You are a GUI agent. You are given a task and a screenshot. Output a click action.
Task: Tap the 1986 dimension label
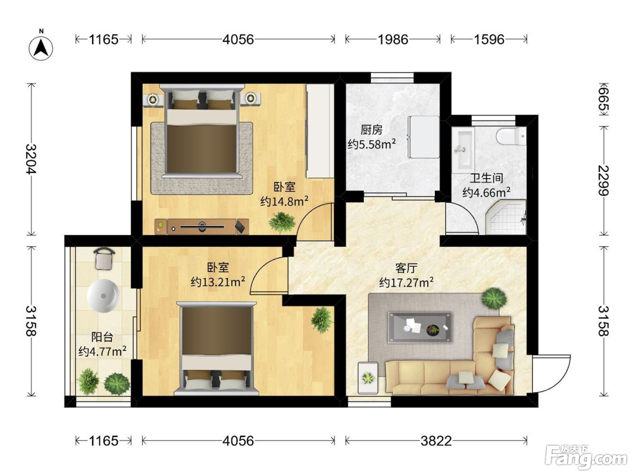(393, 39)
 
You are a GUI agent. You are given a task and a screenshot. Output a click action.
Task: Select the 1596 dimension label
(489, 39)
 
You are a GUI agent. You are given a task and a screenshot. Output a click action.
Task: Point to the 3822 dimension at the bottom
(436, 441)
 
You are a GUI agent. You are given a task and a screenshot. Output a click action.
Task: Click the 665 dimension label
(604, 99)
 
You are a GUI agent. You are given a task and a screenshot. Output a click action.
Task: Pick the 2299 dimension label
(604, 180)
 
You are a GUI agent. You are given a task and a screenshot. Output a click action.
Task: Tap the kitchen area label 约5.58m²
(371, 144)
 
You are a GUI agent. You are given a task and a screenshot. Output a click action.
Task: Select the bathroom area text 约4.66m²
(486, 192)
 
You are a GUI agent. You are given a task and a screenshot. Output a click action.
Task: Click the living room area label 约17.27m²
(406, 282)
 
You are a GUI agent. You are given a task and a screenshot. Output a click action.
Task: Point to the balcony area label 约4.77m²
(102, 351)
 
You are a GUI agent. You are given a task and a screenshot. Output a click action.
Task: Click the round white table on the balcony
(103, 296)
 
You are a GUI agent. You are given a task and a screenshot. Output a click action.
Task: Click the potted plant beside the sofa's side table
(368, 378)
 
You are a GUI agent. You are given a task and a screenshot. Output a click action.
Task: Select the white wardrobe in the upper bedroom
(320, 131)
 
